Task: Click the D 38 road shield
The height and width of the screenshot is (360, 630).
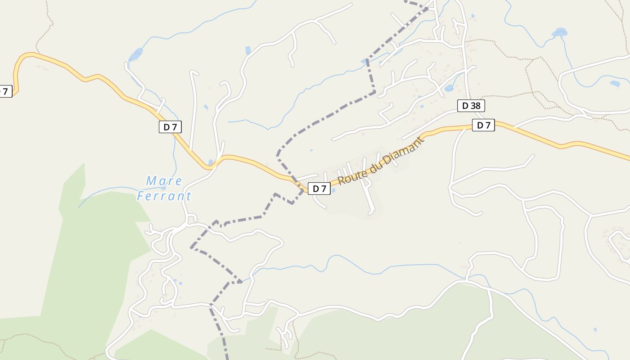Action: [471, 106]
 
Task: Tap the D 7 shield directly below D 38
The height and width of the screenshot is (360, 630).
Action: [483, 125]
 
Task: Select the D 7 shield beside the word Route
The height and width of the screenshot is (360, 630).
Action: [319, 189]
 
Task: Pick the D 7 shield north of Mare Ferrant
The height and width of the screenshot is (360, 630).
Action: [170, 127]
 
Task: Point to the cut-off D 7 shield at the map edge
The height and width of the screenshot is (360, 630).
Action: [4, 91]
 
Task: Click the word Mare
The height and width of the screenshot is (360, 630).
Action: [164, 181]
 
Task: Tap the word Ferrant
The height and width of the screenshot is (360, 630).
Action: [164, 196]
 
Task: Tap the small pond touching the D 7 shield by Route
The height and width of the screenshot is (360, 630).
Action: [333, 190]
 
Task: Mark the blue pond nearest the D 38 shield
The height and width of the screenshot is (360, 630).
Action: [449, 88]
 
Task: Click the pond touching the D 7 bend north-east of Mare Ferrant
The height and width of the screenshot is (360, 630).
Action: [210, 162]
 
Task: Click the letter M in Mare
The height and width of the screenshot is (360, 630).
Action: [151, 181]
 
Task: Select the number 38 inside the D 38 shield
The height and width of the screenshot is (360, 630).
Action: [475, 106]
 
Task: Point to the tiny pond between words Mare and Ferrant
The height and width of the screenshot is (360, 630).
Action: [163, 188]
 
